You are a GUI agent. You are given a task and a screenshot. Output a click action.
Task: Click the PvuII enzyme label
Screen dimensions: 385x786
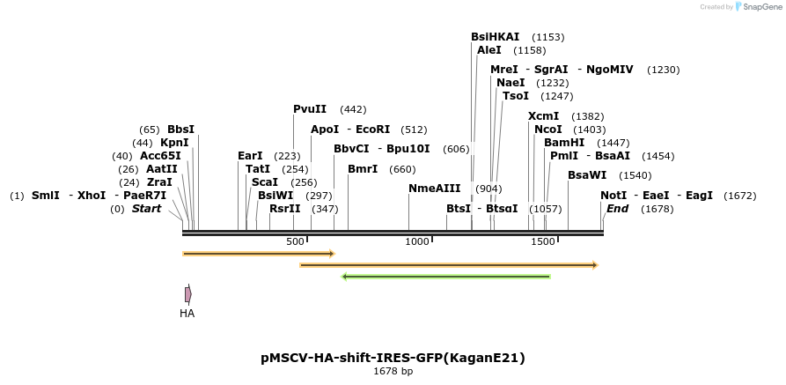point(310,109)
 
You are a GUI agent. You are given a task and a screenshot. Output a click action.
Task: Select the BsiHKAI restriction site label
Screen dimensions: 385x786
point(495,37)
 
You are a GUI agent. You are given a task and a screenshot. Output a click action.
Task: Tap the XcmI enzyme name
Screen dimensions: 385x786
point(543,116)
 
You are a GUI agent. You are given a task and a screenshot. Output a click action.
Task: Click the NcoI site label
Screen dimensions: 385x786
point(547,130)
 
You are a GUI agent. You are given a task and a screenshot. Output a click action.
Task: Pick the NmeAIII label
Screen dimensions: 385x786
point(434,189)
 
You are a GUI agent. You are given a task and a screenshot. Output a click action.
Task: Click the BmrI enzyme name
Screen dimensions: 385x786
point(362,169)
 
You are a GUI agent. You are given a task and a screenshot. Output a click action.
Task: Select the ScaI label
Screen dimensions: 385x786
point(265,182)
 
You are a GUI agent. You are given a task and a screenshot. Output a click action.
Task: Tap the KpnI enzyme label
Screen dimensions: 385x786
point(173,143)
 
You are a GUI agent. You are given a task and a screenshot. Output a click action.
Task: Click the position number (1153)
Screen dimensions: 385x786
point(548,37)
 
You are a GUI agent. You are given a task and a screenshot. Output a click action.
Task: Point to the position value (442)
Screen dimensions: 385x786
point(353,109)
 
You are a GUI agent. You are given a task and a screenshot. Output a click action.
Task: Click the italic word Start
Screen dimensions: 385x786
point(147,209)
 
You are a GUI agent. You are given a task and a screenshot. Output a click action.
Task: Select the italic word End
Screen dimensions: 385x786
point(617,209)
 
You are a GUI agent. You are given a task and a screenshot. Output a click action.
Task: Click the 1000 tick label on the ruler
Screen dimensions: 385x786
point(417,241)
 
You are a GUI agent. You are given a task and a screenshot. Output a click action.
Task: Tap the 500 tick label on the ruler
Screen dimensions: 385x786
point(295,241)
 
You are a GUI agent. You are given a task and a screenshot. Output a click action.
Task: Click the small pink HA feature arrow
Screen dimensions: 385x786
point(187,294)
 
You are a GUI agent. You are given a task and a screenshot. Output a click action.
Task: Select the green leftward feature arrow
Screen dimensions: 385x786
point(445,277)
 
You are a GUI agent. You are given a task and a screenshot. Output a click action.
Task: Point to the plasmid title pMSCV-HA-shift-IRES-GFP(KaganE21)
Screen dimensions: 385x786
point(393,358)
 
